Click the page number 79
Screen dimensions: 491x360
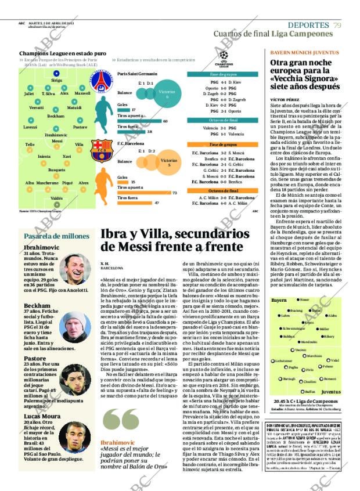(x=337, y=24)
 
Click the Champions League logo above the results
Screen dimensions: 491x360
(x=224, y=58)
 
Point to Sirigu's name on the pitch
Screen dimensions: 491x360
(x=56, y=81)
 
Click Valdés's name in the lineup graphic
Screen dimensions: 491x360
(x=56, y=198)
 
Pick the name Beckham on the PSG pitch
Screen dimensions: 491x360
(x=56, y=116)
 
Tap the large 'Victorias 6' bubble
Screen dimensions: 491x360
(x=167, y=94)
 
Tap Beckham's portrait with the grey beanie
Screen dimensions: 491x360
(x=74, y=326)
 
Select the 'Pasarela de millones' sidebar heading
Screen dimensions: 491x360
(x=56, y=236)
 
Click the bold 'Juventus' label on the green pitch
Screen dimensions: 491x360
(x=331, y=392)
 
